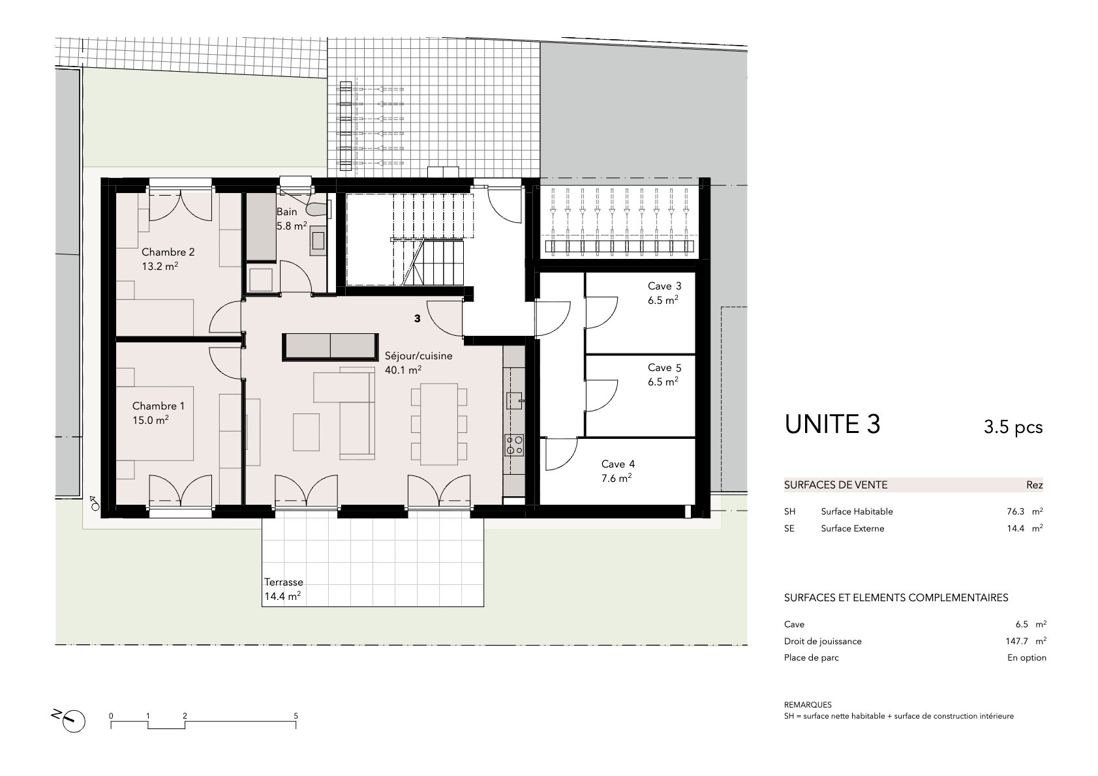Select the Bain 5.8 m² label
tap(292, 219)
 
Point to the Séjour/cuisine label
tap(418, 356)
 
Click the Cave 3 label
tap(664, 286)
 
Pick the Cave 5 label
tap(664, 368)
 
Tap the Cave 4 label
tap(618, 464)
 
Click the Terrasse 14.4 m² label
tap(283, 589)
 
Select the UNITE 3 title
tap(832, 425)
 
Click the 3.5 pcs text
tap(1013, 427)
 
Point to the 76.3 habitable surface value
tap(1015, 511)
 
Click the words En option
tap(1026, 658)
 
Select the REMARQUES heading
tap(808, 705)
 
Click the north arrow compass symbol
tap(72, 721)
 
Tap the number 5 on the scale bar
tap(296, 716)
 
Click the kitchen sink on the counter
tap(514, 401)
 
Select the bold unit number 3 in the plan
tap(417, 318)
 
